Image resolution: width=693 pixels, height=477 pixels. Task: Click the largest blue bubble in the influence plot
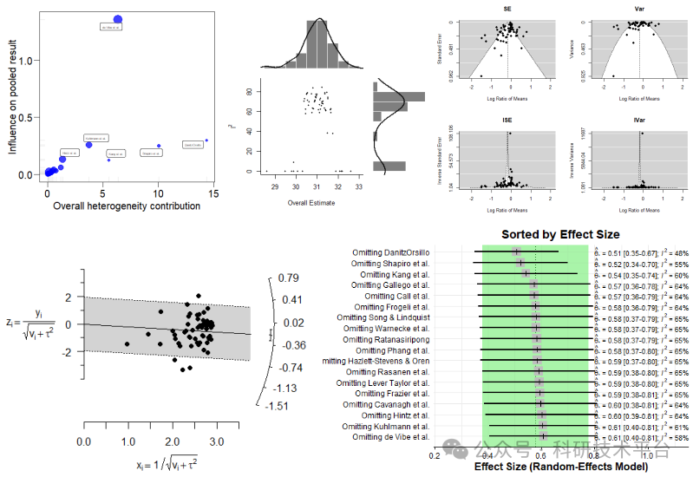[118, 19]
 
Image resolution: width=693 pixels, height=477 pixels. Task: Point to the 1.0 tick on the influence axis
[32, 61]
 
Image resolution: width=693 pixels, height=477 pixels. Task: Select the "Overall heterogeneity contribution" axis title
[127, 206]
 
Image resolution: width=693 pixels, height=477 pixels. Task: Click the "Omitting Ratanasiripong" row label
[385, 340]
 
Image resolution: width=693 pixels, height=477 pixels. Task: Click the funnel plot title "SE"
[507, 9]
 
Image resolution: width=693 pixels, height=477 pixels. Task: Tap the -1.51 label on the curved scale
[278, 405]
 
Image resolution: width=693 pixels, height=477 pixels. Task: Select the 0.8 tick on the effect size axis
[594, 453]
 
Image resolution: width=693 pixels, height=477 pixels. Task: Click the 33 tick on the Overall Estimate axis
[358, 186]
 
